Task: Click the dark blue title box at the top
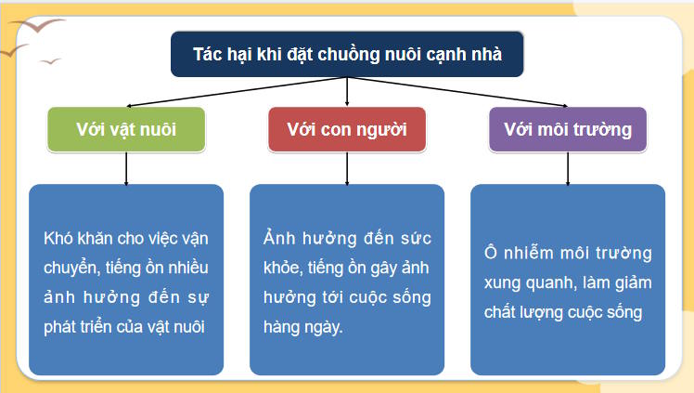point(347,54)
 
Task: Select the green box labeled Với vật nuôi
point(126,129)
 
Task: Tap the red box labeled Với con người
point(347,129)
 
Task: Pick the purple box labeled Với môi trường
point(568,129)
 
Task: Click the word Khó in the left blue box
point(58,238)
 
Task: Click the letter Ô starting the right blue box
point(493,253)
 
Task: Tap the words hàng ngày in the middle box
point(302,327)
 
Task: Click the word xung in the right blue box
point(502,282)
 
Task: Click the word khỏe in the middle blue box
point(282,268)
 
